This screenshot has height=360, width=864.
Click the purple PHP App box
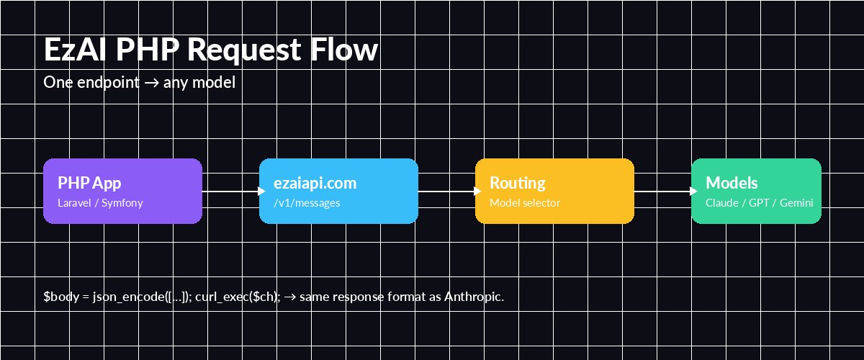tap(122, 191)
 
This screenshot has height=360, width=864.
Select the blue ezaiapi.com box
tap(338, 191)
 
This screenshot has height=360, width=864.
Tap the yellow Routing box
tap(554, 191)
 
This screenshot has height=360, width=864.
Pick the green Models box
tap(756, 191)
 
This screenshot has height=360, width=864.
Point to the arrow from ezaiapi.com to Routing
tap(446, 191)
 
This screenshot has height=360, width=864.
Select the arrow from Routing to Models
tap(662, 191)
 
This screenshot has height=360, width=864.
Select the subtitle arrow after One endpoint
tap(151, 83)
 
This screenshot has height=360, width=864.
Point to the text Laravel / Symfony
tap(100, 203)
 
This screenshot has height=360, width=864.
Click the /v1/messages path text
tap(307, 203)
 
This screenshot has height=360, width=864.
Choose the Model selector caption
tap(525, 203)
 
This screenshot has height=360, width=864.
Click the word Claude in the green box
tap(722, 203)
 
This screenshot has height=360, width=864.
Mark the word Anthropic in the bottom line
tap(472, 297)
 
